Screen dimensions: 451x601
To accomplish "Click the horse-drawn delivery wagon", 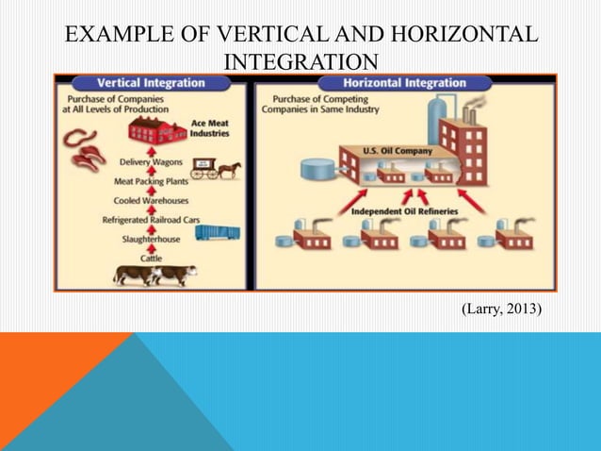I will tap(216, 169).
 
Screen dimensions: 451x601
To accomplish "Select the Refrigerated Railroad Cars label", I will tap(152, 219).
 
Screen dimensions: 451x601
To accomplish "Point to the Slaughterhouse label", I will tap(151, 239).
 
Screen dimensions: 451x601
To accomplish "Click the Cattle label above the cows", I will tap(151, 258).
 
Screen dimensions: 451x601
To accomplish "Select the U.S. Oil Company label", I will tap(398, 150).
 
